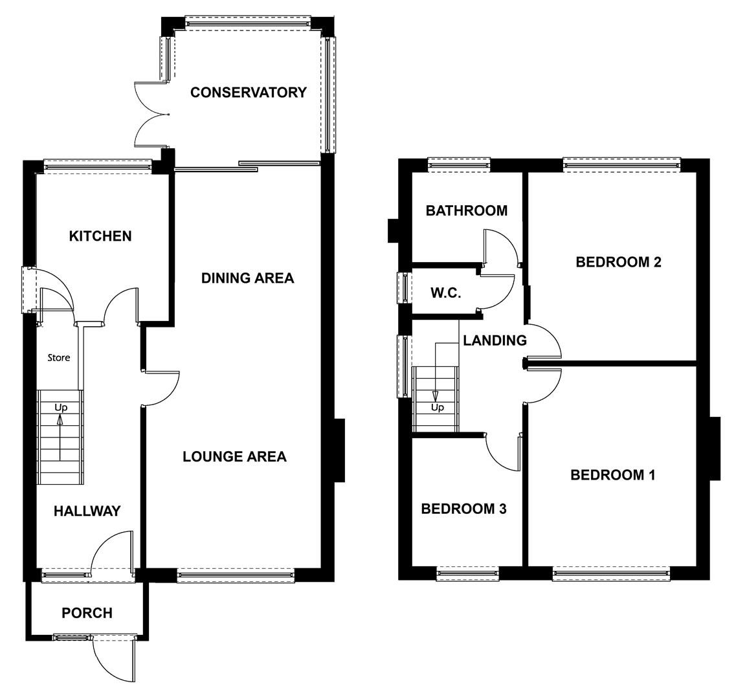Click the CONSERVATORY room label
tap(248, 93)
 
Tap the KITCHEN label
tap(100, 236)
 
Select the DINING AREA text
tap(247, 278)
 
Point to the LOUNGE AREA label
tap(234, 457)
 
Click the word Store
tap(58, 358)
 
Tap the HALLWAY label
tap(87, 511)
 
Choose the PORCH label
tap(87, 613)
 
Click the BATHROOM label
tap(466, 211)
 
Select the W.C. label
tap(445, 293)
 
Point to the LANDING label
tap(495, 340)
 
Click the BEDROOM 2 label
tap(618, 262)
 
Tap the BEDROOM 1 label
tap(612, 475)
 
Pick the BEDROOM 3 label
tap(463, 509)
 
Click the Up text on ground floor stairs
tap(61, 408)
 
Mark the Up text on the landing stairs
tap(438, 408)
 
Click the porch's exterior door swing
tap(113, 660)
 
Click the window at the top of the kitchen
tap(97, 166)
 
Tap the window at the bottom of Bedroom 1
tap(611, 572)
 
